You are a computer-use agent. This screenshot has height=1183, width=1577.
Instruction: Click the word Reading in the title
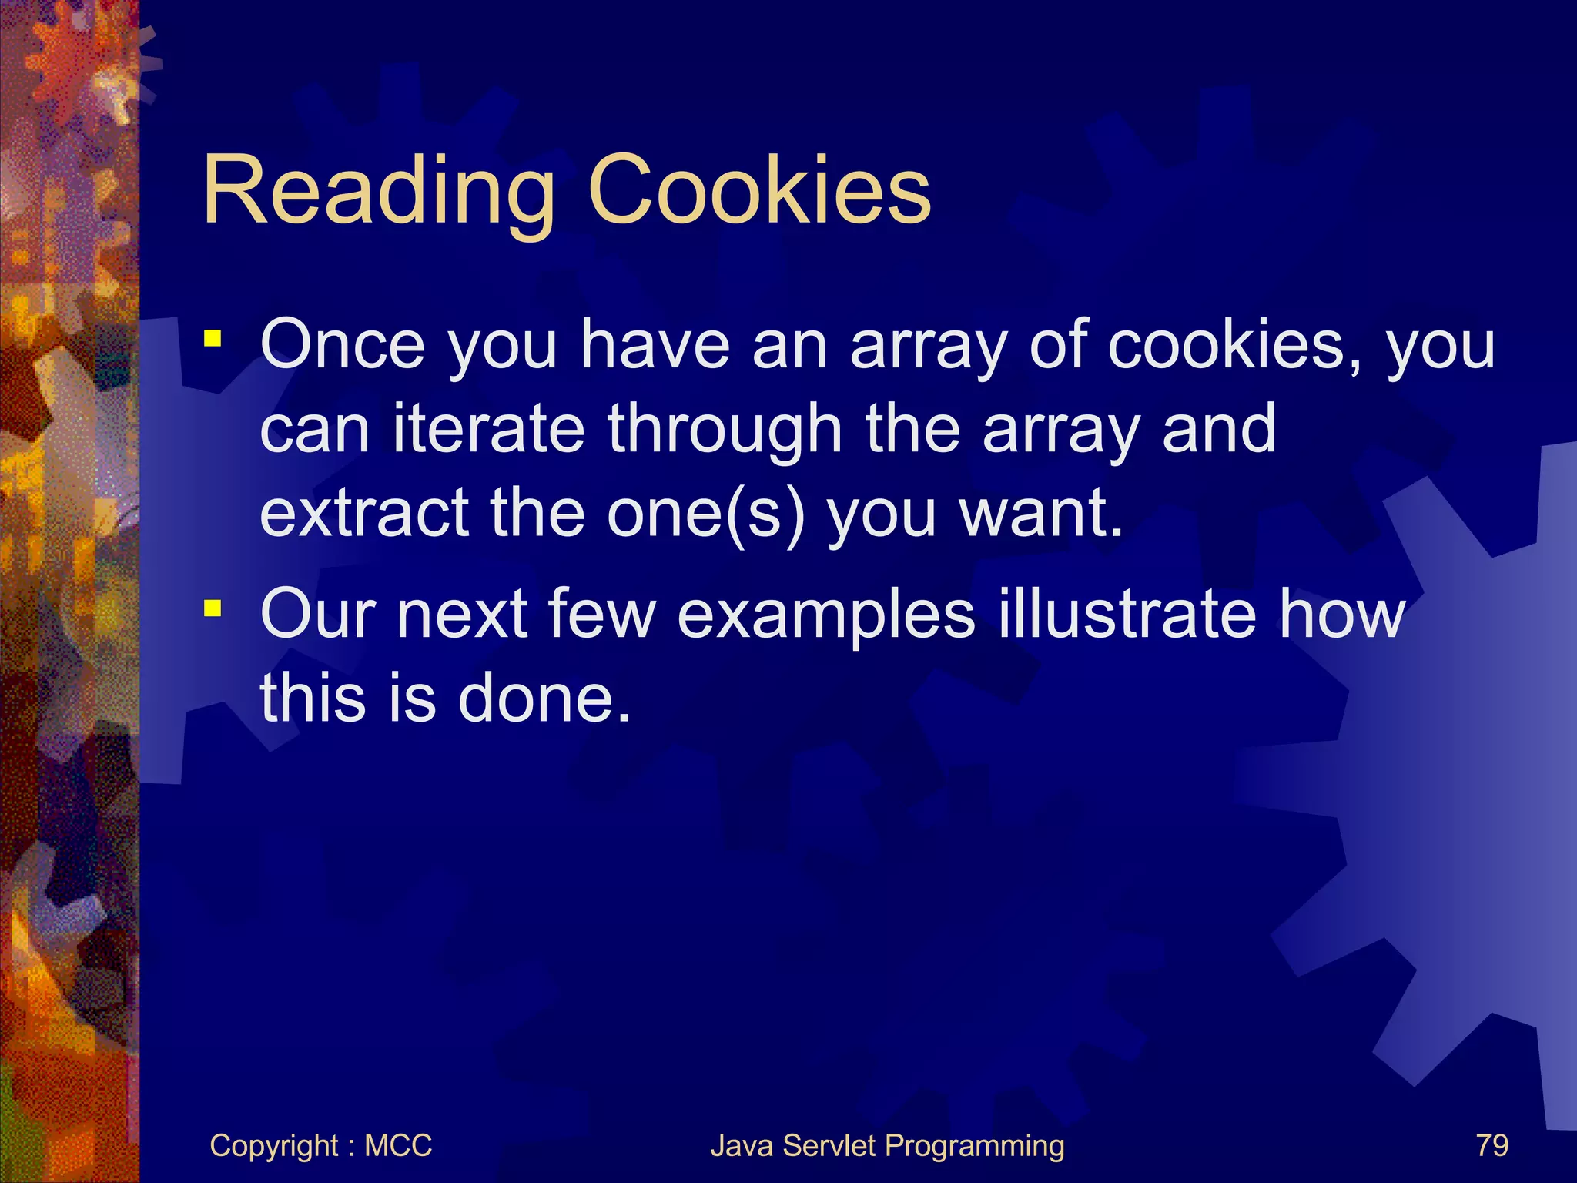[x=378, y=190]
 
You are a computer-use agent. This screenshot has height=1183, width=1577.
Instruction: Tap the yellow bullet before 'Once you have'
[x=213, y=338]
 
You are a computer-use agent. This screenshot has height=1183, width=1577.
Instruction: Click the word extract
[x=364, y=513]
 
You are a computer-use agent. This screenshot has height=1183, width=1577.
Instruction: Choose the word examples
[x=826, y=616]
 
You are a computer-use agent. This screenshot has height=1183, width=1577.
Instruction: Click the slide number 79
[x=1492, y=1145]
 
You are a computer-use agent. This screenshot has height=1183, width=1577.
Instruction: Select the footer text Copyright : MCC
[x=320, y=1145]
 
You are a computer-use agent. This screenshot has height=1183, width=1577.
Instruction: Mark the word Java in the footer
[x=741, y=1145]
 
